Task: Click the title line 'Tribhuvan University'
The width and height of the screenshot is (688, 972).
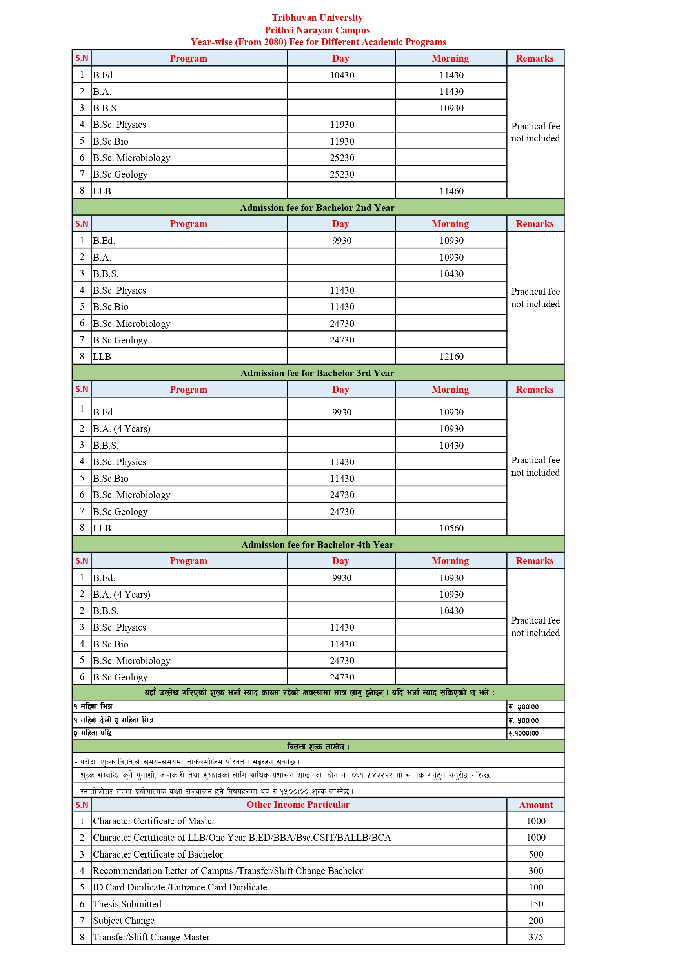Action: click(x=317, y=18)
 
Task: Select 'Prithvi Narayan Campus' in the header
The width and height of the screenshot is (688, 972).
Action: click(x=317, y=30)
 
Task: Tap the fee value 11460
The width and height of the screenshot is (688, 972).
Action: click(x=451, y=191)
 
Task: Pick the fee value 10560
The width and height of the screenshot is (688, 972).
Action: click(x=451, y=528)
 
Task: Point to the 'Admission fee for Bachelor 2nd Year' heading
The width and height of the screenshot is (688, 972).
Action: click(x=317, y=208)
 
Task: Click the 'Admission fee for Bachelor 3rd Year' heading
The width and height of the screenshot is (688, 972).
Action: click(x=317, y=374)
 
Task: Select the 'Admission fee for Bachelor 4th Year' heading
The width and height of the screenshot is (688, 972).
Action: click(x=317, y=545)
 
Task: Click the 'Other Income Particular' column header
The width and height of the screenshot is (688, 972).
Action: click(x=298, y=805)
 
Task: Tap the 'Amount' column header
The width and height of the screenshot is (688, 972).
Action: click(x=535, y=805)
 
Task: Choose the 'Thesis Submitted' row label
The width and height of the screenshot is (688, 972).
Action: click(x=127, y=904)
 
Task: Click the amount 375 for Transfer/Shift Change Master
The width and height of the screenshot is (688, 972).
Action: click(x=535, y=937)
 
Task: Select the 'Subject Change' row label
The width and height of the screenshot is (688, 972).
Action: click(x=124, y=921)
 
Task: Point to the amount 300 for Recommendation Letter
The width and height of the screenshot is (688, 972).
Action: click(x=535, y=871)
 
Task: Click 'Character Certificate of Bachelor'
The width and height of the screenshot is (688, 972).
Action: click(x=158, y=854)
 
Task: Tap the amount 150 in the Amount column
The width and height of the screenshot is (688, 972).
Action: click(x=535, y=904)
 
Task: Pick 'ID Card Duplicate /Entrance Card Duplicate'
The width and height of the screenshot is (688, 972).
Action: click(x=180, y=887)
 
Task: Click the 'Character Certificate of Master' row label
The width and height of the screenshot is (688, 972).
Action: click(x=154, y=821)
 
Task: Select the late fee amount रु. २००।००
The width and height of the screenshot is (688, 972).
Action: click(x=524, y=707)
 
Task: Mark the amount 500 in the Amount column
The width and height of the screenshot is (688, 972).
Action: click(x=535, y=854)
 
